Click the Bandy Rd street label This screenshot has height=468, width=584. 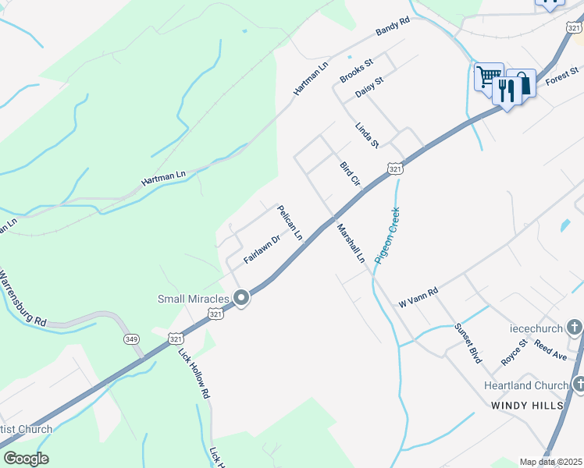[x=393, y=29]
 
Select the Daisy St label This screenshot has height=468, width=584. [x=369, y=87]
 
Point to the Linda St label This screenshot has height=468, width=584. [x=366, y=135]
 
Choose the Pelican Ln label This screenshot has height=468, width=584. [x=290, y=222]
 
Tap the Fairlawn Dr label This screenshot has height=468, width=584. [x=261, y=250]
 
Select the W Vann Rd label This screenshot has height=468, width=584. [x=418, y=297]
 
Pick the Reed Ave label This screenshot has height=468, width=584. [x=550, y=350]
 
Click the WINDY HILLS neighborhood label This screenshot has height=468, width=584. [x=528, y=406]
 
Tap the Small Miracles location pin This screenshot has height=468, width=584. [x=241, y=297]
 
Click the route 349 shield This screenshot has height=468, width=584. [x=131, y=339]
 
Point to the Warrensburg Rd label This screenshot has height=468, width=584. [x=23, y=300]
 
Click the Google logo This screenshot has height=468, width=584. [x=25, y=459]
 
